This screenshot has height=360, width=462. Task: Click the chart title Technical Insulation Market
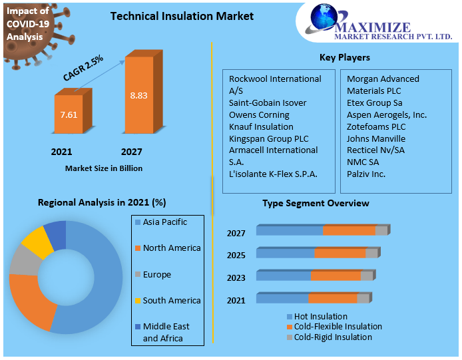(x=182, y=16)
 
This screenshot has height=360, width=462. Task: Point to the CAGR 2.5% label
(x=83, y=68)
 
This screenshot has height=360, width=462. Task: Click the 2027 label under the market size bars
(x=131, y=152)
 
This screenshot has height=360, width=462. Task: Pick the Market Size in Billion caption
(x=104, y=168)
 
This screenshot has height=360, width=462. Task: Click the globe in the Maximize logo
(x=324, y=17)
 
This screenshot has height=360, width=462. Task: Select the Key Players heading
(x=345, y=57)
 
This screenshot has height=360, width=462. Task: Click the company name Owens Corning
(x=259, y=115)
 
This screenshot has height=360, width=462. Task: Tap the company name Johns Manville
(x=376, y=138)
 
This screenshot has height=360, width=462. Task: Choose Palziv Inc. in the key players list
(x=366, y=174)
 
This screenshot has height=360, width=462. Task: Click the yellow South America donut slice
(x=37, y=242)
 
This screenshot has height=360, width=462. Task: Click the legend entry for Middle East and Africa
(x=162, y=332)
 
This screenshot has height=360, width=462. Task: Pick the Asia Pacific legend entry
(x=161, y=222)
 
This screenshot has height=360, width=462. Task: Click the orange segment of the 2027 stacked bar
(x=349, y=230)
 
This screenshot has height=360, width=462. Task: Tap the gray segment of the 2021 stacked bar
(x=363, y=298)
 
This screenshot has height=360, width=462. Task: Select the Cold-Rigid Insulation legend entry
(x=330, y=337)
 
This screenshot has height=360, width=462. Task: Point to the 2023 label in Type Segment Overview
(x=236, y=277)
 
